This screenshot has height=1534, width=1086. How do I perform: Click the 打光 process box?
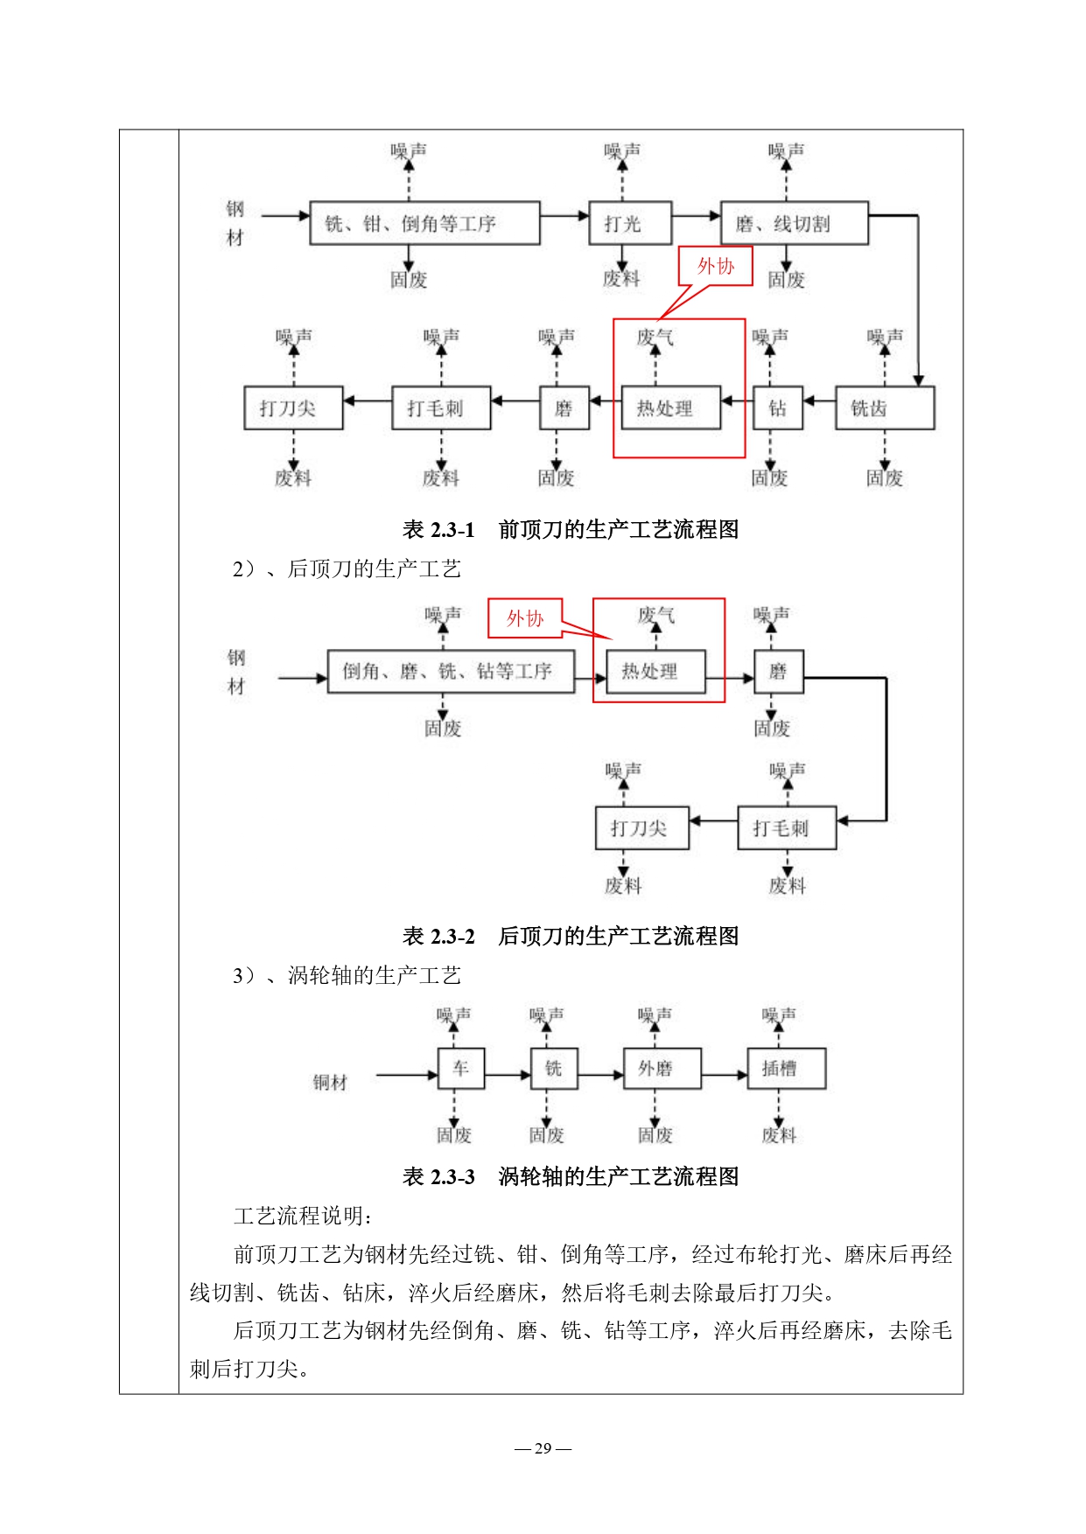(x=629, y=223)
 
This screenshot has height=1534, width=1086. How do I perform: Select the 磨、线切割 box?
(x=794, y=223)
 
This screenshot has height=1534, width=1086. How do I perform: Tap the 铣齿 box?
(x=885, y=408)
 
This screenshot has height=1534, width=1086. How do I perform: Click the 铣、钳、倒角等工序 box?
(x=424, y=223)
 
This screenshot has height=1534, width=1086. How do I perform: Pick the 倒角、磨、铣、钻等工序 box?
(x=451, y=671)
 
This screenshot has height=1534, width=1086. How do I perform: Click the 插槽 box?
(x=786, y=1068)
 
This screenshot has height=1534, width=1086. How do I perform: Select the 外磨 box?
(x=662, y=1068)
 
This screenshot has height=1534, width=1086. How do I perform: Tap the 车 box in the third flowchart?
(x=460, y=1068)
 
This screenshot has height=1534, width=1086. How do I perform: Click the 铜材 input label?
(x=330, y=1083)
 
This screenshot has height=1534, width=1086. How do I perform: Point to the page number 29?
(x=543, y=1447)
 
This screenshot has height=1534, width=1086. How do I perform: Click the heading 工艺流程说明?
(x=303, y=1216)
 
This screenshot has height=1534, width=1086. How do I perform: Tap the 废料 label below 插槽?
(x=779, y=1135)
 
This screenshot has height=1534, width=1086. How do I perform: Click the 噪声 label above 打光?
(x=622, y=151)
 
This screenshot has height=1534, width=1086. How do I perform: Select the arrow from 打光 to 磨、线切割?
(x=696, y=215)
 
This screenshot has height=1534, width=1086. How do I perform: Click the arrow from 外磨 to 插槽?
(x=725, y=1075)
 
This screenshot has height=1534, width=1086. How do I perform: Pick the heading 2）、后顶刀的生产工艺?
(x=347, y=568)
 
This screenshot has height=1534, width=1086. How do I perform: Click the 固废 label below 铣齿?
(x=884, y=478)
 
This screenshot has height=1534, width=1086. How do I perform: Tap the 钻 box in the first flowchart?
(x=777, y=408)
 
